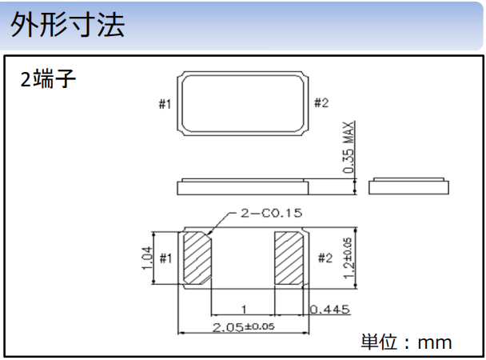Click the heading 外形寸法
tap(68, 26)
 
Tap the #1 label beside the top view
tap(165, 103)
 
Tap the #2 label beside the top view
tap(321, 102)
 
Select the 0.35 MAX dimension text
tap(349, 148)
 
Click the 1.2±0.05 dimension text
tap(347, 258)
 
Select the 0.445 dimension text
tap(332, 309)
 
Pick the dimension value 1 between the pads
tap(242, 309)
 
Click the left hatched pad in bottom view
tap(197, 258)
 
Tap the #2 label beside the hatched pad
tap(324, 258)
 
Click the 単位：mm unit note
tap(406, 342)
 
